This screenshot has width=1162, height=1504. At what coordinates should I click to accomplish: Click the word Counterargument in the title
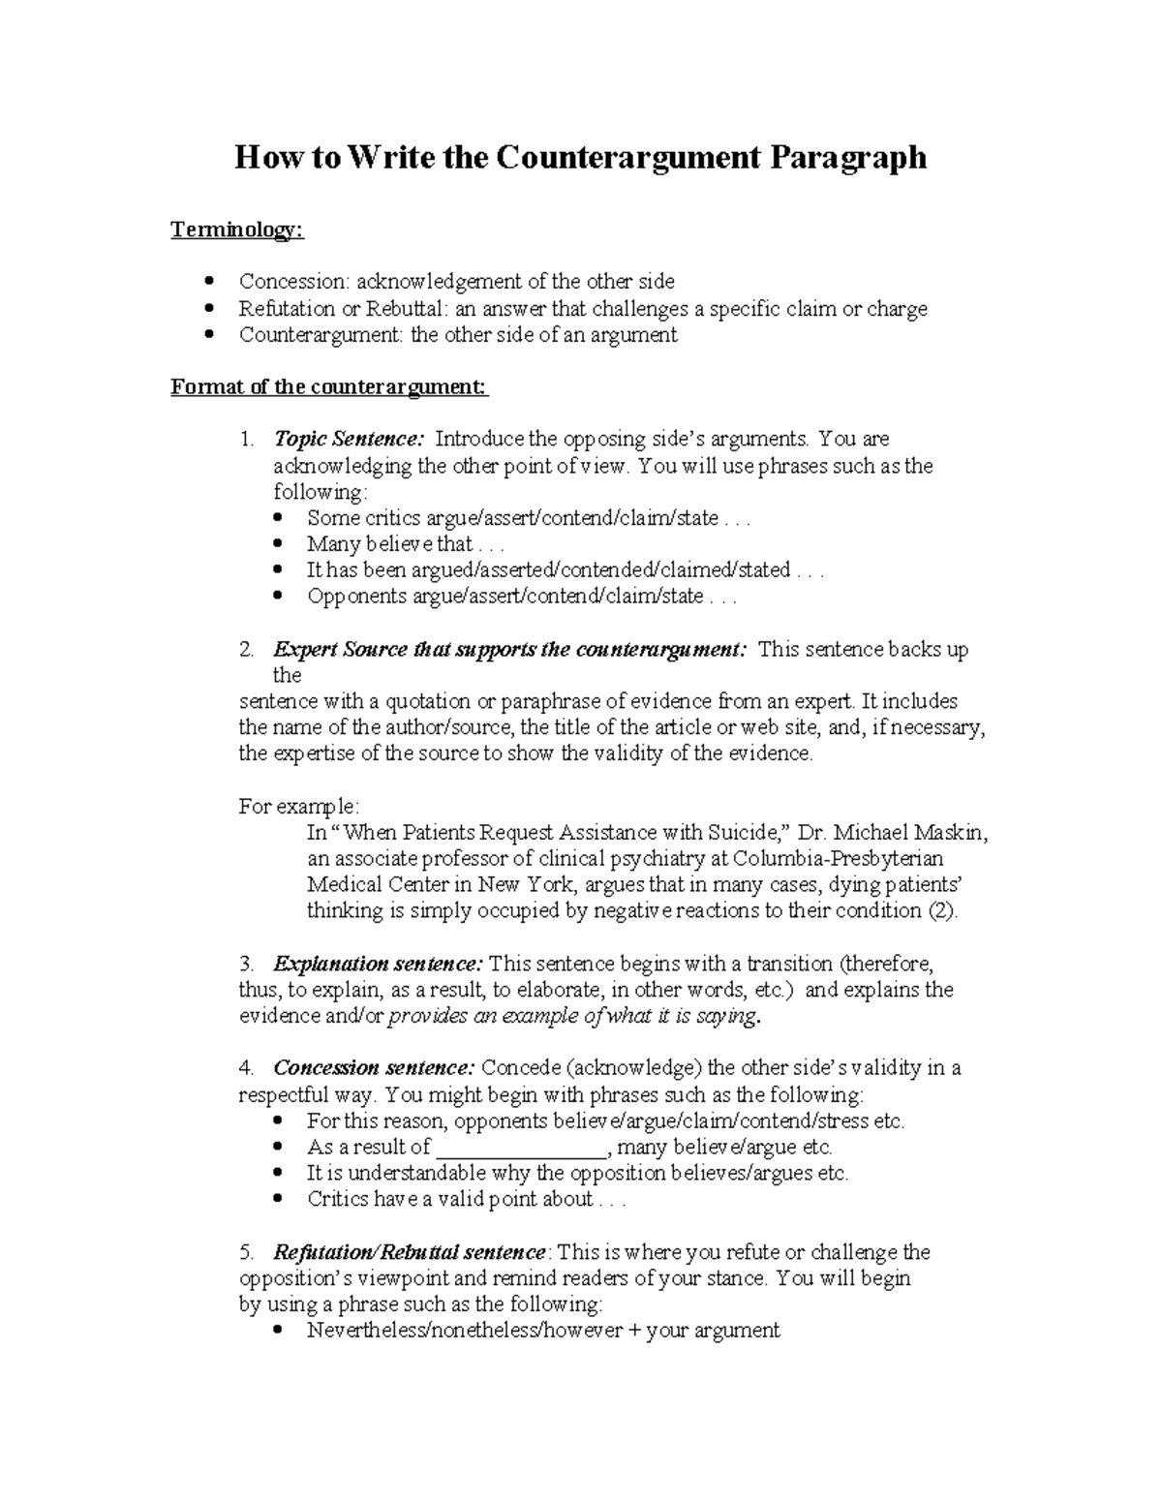click(628, 157)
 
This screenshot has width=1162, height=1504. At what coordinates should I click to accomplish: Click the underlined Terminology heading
click(237, 230)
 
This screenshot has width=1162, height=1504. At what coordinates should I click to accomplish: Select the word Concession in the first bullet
click(293, 282)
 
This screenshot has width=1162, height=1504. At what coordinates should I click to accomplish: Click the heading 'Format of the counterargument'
click(329, 387)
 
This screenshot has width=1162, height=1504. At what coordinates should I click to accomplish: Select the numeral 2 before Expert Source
click(245, 650)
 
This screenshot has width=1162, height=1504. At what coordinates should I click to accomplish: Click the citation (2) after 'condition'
click(942, 910)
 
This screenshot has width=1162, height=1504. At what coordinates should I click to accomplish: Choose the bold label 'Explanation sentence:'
click(378, 965)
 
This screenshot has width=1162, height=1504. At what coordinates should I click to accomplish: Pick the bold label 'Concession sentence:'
click(374, 1068)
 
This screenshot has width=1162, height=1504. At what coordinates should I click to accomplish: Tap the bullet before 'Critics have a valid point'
click(280, 1200)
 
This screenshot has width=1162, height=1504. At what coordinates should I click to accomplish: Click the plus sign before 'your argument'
click(634, 1331)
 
